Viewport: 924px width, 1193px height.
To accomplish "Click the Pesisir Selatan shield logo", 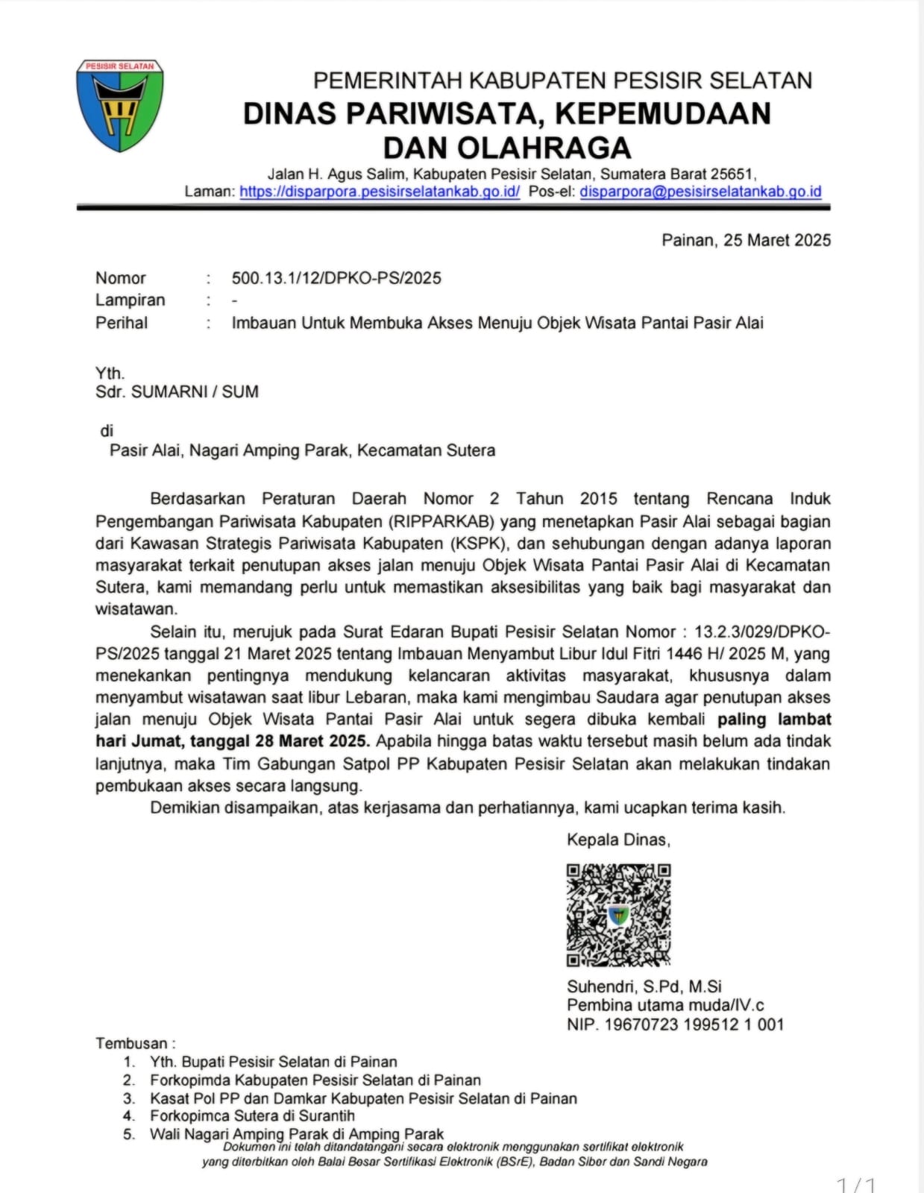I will click(119, 106).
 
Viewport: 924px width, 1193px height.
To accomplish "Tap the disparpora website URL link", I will click(380, 192).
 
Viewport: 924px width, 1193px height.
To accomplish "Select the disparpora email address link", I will click(700, 192).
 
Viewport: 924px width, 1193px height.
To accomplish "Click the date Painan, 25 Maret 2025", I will click(746, 240).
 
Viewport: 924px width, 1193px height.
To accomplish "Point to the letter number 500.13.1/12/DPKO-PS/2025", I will click(336, 278).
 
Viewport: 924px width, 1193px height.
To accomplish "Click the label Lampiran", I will click(131, 300).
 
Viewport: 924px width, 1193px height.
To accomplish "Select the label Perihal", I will click(122, 323).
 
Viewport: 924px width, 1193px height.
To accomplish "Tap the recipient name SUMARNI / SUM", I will click(195, 391).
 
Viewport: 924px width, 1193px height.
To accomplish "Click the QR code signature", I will click(618, 915).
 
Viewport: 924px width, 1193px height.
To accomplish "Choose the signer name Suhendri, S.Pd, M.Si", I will click(644, 986).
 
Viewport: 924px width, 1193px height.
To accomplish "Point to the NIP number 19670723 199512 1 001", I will click(694, 1024).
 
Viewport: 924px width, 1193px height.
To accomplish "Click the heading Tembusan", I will click(135, 1043).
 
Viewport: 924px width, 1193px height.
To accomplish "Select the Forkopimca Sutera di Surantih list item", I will click(252, 1116).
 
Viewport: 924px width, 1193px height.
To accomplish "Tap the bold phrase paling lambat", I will click(774, 720).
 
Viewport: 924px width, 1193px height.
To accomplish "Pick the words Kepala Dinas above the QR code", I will click(618, 840).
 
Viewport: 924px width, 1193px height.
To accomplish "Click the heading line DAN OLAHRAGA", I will click(507, 148).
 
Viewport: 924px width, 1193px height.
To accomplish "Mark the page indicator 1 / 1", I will click(856, 1184).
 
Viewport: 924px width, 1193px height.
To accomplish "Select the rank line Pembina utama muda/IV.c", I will click(665, 1005).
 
